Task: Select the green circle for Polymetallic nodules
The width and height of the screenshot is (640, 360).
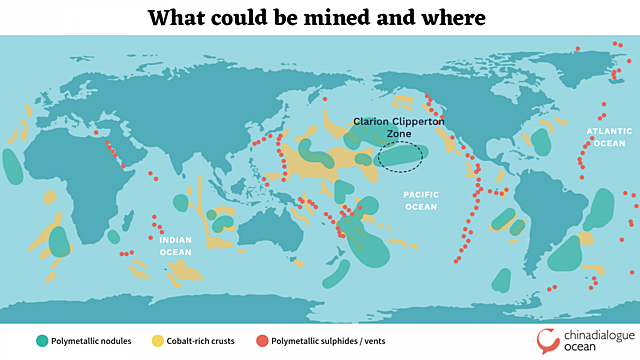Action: pos(41,339)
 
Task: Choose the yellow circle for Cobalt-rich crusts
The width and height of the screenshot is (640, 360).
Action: pos(158,339)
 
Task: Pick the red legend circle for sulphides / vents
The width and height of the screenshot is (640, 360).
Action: pos(263,339)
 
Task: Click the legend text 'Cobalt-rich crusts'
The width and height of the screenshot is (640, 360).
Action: pos(205,339)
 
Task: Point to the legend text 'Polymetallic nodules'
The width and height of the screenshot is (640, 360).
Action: pos(93,339)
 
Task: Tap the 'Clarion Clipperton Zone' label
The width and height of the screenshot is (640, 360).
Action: pos(398,127)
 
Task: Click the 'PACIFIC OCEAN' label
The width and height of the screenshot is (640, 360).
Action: pos(421,201)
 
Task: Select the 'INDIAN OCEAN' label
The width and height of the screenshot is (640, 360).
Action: pos(175,246)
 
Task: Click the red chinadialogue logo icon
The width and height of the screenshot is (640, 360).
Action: pos(549,339)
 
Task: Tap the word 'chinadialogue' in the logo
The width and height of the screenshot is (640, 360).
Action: pos(597,334)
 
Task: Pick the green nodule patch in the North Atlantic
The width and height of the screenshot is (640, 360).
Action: pos(541,141)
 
